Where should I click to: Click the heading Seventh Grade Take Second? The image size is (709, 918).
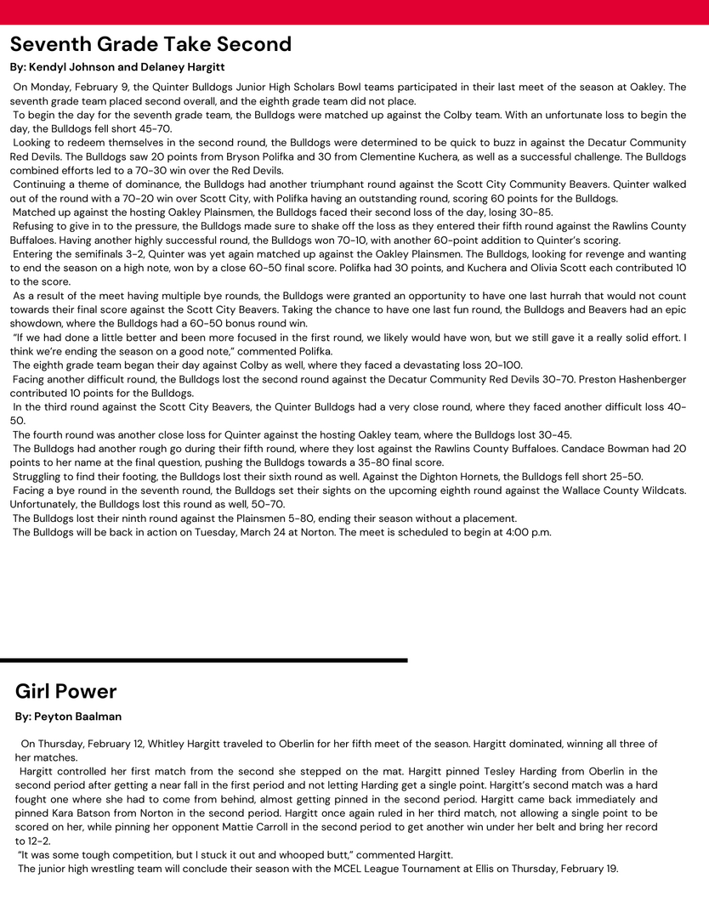tap(150, 44)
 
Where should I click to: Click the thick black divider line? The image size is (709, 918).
tap(204, 660)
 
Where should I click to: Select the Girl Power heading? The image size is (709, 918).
tap(66, 691)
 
